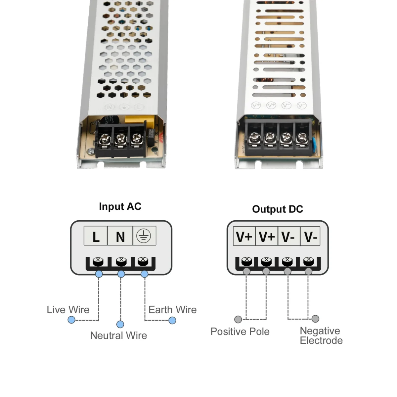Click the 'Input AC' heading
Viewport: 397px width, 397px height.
pyautogui.click(x=120, y=206)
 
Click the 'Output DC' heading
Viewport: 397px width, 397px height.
pyautogui.click(x=278, y=209)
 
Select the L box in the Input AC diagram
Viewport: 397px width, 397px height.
pyautogui.click(x=96, y=236)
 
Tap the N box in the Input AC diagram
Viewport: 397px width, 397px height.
pyautogui.click(x=120, y=236)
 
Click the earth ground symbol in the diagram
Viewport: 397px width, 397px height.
pyautogui.click(x=144, y=236)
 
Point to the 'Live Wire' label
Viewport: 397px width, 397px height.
pyautogui.click(x=68, y=310)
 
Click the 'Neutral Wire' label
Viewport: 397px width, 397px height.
pyautogui.click(x=118, y=335)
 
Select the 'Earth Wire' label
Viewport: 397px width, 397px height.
pyautogui.click(x=172, y=310)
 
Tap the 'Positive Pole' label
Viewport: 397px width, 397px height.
pyautogui.click(x=240, y=331)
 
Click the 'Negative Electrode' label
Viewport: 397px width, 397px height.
pyautogui.click(x=321, y=335)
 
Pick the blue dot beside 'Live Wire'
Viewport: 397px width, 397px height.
pyautogui.click(x=71, y=320)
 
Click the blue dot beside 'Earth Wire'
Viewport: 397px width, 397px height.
pyautogui.click(x=172, y=320)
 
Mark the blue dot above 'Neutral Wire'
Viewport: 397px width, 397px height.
pyautogui.click(x=120, y=324)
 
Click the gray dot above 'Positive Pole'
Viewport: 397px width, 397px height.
pyautogui.click(x=238, y=319)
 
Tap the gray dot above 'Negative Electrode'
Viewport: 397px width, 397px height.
pyautogui.click(x=316, y=319)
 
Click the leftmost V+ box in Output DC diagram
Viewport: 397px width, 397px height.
pyautogui.click(x=244, y=237)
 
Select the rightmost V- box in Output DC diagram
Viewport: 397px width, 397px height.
pyautogui.click(x=310, y=237)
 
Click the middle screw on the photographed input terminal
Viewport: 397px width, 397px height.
pyautogui.click(x=119, y=138)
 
